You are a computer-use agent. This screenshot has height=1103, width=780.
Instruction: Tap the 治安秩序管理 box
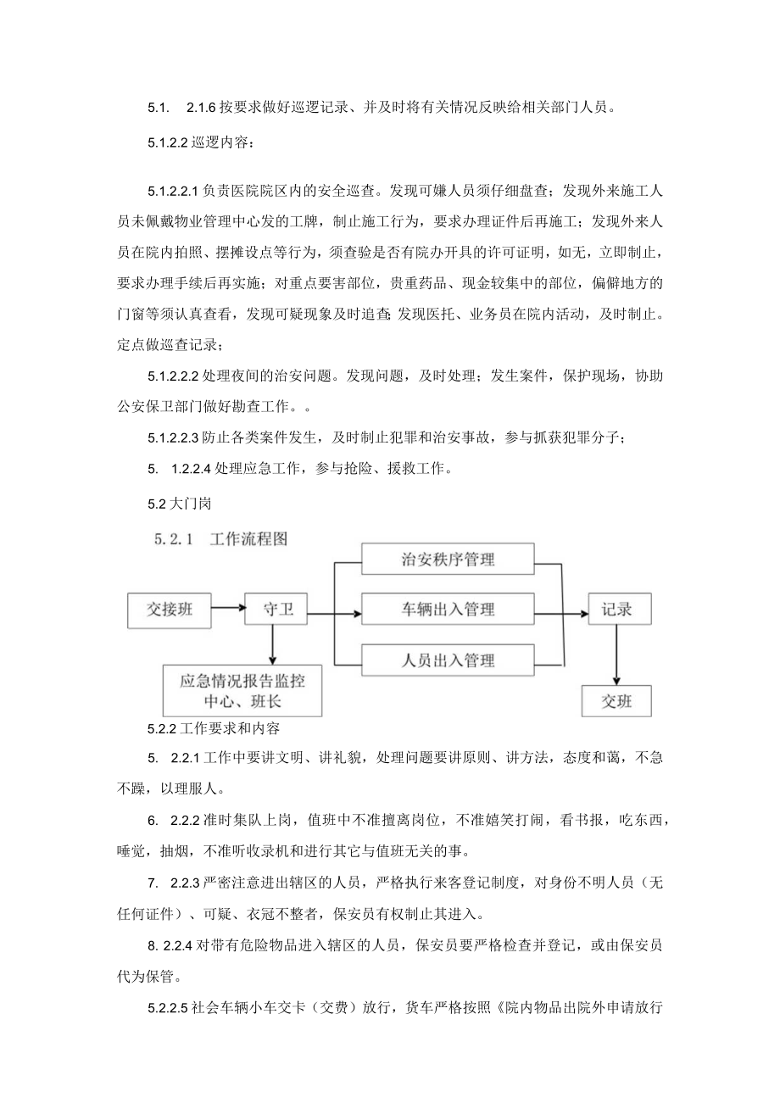[x=448, y=560]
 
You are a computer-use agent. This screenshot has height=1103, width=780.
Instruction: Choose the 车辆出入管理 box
[x=448, y=610]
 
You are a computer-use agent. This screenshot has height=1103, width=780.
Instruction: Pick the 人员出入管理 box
[x=448, y=660]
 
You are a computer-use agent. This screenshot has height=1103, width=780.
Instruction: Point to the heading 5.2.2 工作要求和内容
[x=220, y=728]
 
